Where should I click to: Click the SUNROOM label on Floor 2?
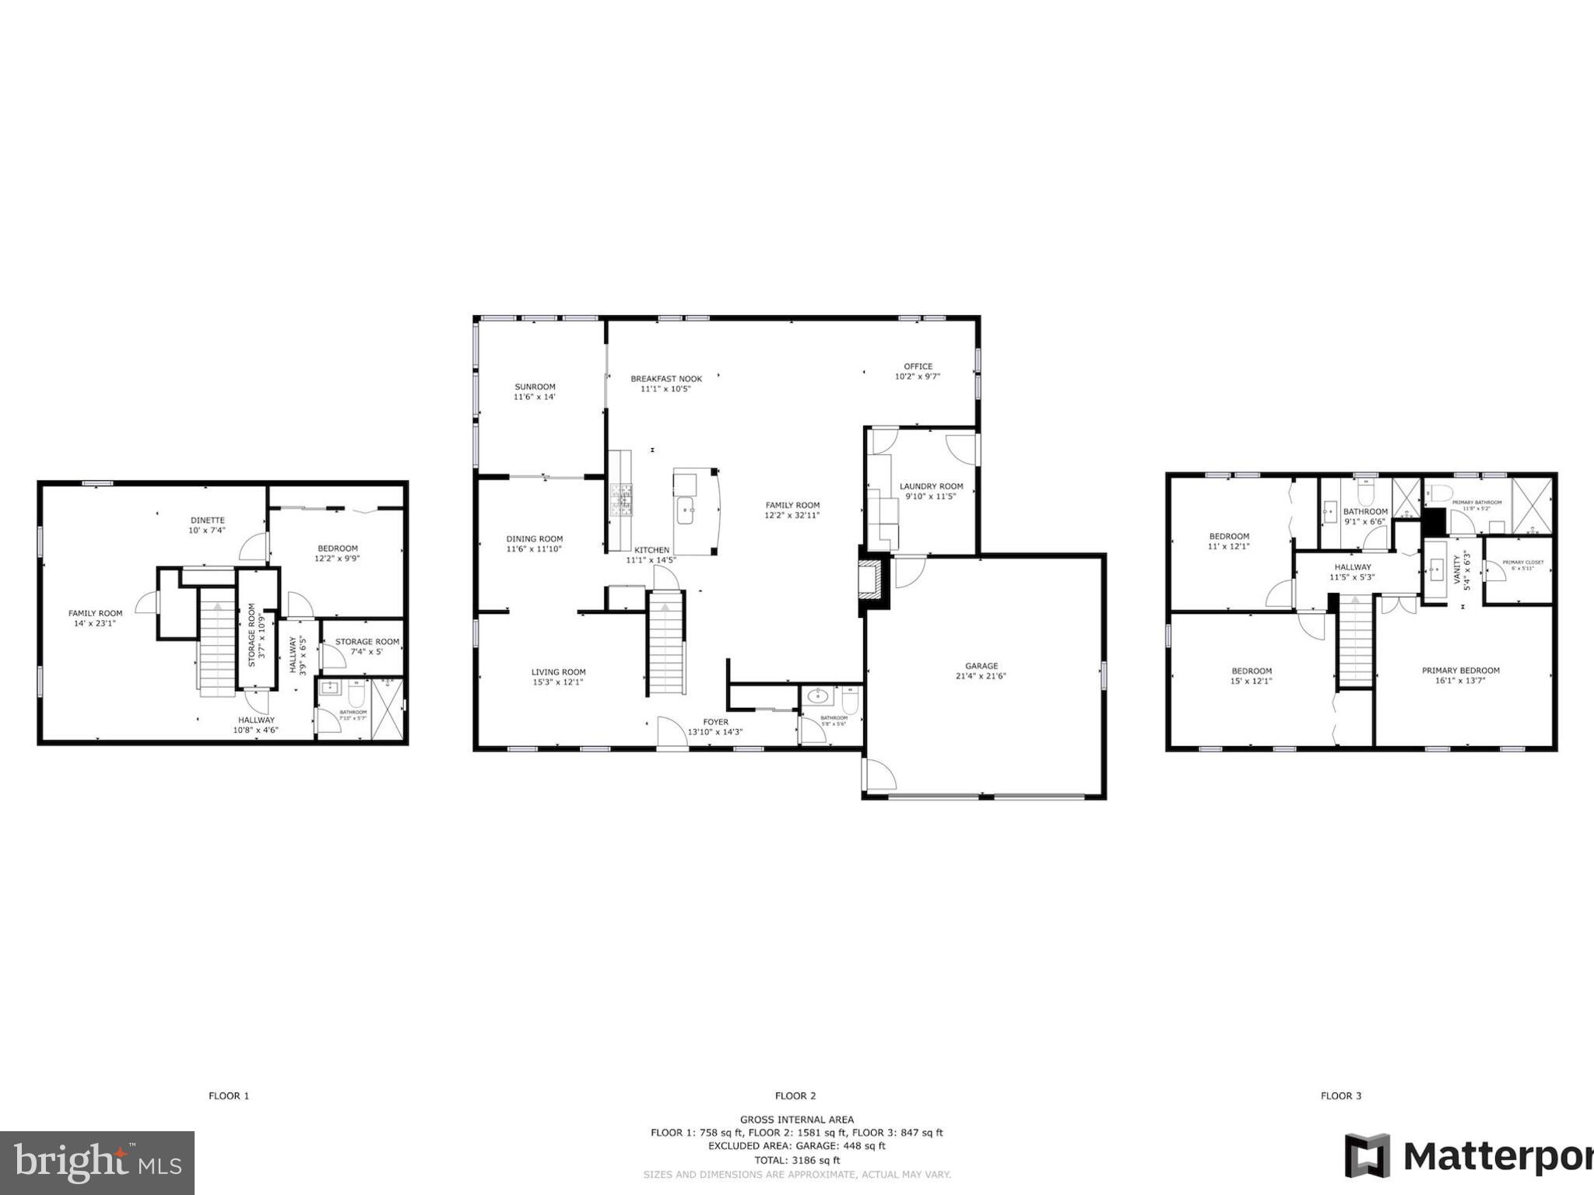[535, 387]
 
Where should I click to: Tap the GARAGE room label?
[981, 666]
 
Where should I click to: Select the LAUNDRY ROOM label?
[931, 486]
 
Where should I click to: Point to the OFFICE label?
[918, 366]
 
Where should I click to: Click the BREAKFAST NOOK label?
[666, 379]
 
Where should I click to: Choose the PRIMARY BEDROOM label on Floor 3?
[1460, 671]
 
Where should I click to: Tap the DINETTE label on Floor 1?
[207, 520]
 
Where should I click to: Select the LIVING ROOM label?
[558, 672]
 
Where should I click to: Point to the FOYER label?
[715, 722]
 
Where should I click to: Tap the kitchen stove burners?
[621, 499]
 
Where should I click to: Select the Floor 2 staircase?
[666, 643]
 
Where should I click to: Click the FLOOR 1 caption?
[229, 1096]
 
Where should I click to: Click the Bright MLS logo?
[97, 1163]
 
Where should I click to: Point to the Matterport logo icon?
[1368, 1155]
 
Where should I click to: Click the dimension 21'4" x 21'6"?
[981, 676]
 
